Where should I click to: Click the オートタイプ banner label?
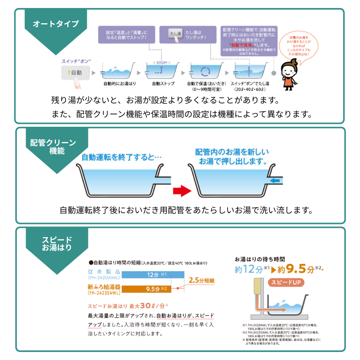click(55, 24)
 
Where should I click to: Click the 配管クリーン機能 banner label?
click(53, 146)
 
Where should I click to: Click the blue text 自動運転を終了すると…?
click(121, 157)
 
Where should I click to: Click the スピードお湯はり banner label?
click(58, 243)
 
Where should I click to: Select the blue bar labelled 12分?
click(153, 275)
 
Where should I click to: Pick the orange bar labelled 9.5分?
click(153, 288)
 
